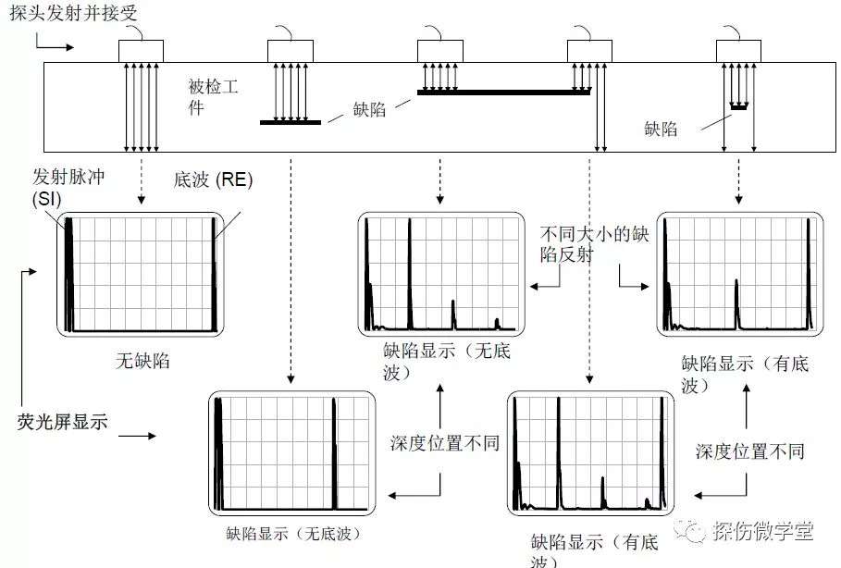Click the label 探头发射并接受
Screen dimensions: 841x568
(73, 12)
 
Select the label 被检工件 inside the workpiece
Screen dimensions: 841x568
(213, 96)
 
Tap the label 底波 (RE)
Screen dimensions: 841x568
(213, 179)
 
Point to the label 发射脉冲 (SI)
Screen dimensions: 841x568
(68, 187)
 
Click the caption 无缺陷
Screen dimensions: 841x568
(142, 361)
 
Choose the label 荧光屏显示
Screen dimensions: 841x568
(62, 422)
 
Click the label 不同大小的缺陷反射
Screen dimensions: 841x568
(594, 244)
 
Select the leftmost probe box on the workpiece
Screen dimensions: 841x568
(141, 52)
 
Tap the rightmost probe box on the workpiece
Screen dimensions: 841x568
(738, 52)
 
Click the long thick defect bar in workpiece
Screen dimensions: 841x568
(503, 93)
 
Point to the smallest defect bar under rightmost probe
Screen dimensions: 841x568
(739, 107)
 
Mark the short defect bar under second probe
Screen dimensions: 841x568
(291, 122)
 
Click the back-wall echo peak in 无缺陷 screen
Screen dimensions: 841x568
(214, 274)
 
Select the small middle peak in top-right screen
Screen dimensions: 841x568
(736, 303)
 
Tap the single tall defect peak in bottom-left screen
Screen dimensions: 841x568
(334, 453)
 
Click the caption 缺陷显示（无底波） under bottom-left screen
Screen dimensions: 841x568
(294, 533)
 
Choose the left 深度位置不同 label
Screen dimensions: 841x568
(445, 443)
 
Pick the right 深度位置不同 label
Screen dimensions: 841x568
(750, 451)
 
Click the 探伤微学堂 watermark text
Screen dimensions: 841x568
(763, 531)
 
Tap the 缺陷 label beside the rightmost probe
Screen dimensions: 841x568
(661, 129)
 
